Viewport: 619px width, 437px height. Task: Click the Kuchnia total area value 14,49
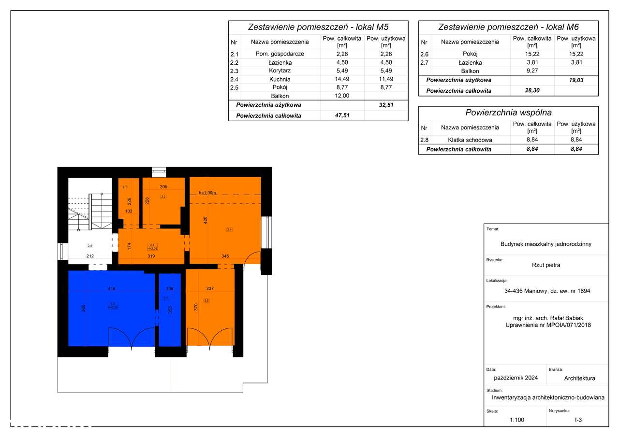pos(342,79)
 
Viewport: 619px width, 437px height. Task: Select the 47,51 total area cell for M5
pos(342,116)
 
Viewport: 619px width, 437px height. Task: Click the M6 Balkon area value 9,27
pos(532,71)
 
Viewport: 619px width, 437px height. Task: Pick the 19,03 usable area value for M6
pos(576,80)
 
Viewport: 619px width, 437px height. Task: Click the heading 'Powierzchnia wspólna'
pos(508,113)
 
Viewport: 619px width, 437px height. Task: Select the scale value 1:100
pos(516,420)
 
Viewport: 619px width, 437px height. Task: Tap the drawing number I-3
pos(578,420)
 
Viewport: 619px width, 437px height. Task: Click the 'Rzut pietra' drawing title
pos(545,265)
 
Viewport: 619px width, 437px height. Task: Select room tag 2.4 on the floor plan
pos(229,230)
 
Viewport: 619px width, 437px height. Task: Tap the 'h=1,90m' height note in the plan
pos(208,193)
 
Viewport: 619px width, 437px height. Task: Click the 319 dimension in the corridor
pos(151,256)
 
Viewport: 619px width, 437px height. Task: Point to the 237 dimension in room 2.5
pos(210,289)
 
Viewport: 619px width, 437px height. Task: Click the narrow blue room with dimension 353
pos(169,319)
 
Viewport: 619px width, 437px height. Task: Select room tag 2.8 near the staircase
pos(89,246)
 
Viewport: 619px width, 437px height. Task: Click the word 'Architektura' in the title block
pos(579,378)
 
